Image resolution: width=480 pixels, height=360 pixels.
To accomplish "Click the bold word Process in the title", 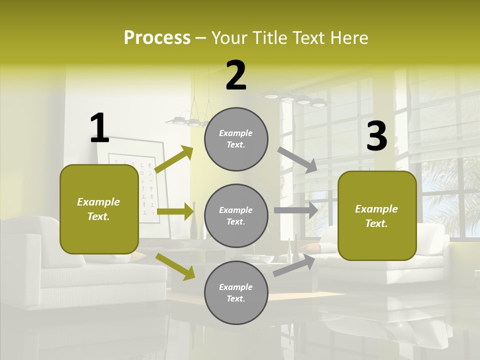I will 157,37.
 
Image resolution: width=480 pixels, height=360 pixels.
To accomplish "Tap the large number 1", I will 99,128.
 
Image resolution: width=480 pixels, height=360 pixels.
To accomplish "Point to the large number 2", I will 236,75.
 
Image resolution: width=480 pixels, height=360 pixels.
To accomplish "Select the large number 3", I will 376,136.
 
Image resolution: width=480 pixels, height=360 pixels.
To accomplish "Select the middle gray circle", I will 236,215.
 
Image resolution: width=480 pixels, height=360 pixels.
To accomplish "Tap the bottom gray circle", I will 236,292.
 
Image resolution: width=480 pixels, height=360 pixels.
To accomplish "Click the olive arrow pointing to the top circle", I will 174,159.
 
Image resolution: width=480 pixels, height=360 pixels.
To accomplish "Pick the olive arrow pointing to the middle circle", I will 175,211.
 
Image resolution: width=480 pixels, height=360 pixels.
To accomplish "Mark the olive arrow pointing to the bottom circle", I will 175,266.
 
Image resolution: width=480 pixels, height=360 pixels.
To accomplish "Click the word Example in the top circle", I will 236,133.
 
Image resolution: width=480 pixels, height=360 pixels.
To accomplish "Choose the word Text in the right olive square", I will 376,223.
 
